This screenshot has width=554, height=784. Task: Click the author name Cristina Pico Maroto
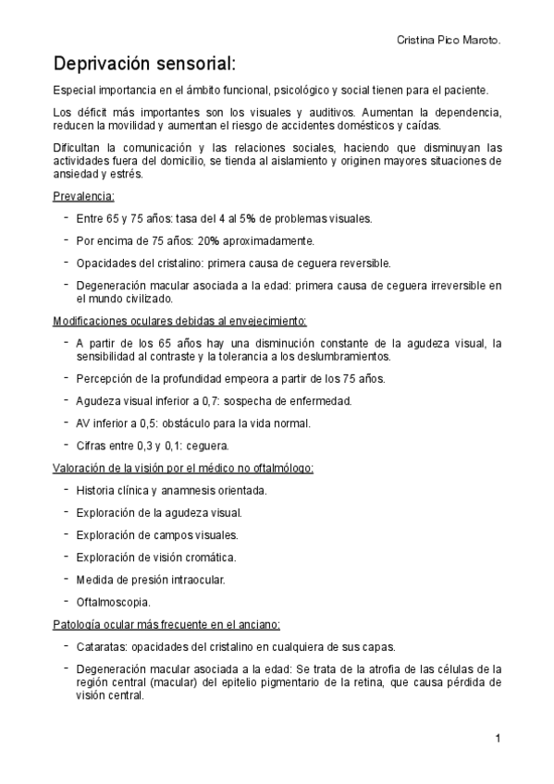[449, 42]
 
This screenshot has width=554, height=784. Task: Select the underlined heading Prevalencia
[83, 196]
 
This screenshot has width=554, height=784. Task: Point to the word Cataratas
[101, 646]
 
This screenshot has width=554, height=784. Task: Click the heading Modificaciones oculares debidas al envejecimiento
[179, 321]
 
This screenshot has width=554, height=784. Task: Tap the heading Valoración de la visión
[183, 467]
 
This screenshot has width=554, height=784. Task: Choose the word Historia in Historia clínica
[95, 490]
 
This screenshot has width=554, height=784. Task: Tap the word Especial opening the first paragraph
[76, 90]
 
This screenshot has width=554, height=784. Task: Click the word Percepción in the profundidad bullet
[104, 378]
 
